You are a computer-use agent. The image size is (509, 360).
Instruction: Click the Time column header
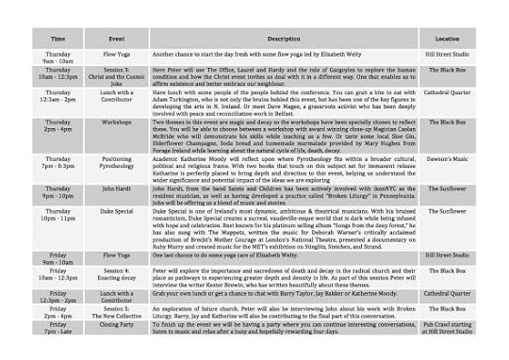[x=57, y=39]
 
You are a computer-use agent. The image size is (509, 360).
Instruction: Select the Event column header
[x=117, y=39]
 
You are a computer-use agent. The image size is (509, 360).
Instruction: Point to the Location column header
[x=447, y=39]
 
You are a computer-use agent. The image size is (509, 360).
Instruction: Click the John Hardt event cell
[x=117, y=188]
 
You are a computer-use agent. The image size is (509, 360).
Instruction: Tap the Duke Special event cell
[x=117, y=212]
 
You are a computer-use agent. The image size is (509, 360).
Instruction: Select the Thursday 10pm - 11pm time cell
[x=57, y=216]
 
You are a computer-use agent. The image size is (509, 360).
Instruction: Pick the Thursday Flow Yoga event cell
[x=117, y=56]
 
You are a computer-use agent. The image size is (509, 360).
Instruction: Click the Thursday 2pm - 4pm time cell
[x=57, y=127]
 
